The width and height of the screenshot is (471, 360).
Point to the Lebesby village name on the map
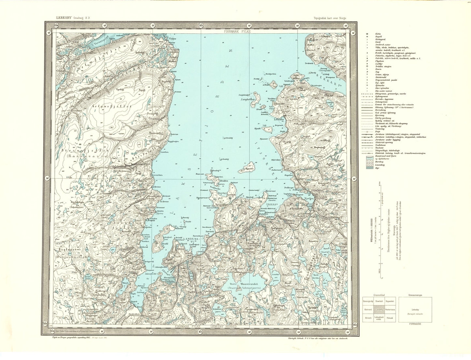279,119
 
